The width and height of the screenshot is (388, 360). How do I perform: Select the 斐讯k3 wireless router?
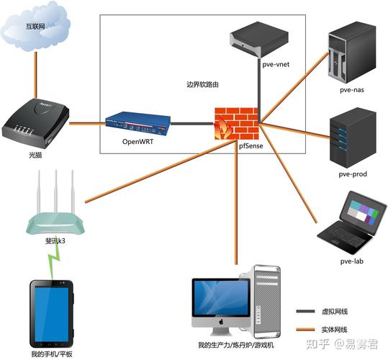click(55, 216)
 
